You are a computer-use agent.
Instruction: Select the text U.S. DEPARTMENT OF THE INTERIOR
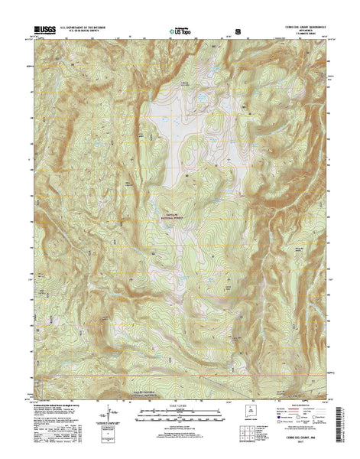click(85, 28)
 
